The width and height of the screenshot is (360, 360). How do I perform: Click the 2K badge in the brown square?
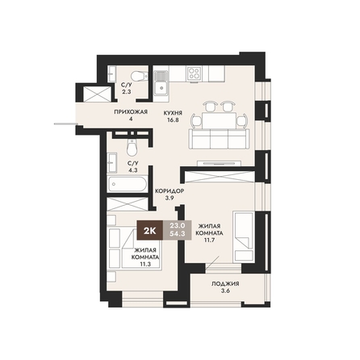[149, 230]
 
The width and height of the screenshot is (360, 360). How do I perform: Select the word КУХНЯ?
[173, 113]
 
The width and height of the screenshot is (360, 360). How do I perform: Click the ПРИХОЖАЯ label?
[131, 112]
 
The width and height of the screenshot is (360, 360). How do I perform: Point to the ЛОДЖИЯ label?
[225, 283]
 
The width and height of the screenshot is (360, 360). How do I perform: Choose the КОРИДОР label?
[170, 191]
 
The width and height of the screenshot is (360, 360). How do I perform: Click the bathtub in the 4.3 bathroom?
[128, 184]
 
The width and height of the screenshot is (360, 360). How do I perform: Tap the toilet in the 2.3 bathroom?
[140, 76]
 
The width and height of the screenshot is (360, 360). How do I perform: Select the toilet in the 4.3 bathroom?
[132, 148]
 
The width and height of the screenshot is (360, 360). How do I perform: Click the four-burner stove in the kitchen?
[195, 73]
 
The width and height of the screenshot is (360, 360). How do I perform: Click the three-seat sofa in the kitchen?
[219, 139]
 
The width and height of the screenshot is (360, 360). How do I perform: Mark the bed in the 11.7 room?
[244, 237]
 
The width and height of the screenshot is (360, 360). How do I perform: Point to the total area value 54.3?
[178, 234]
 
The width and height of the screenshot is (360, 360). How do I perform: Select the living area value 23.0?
[178, 225]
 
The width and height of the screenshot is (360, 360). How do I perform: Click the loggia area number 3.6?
[225, 291]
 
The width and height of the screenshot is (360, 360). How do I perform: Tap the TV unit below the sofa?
[219, 163]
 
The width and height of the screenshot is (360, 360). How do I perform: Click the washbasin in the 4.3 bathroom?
[112, 162]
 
